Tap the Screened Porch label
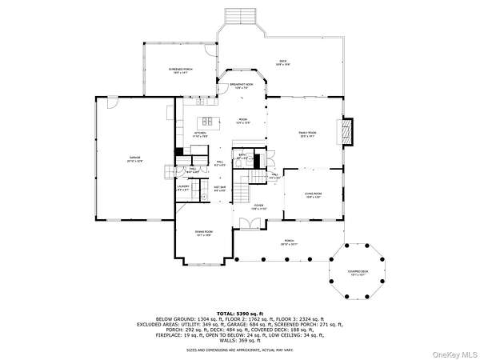point(181,71)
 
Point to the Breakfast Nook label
point(242,86)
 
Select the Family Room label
point(308,134)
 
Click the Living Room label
point(313,194)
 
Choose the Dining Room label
point(203,234)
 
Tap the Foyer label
point(259,207)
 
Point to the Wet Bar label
point(219,190)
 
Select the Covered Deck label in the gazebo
point(358,272)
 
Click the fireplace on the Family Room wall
point(346,131)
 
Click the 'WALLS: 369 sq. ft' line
point(239,342)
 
